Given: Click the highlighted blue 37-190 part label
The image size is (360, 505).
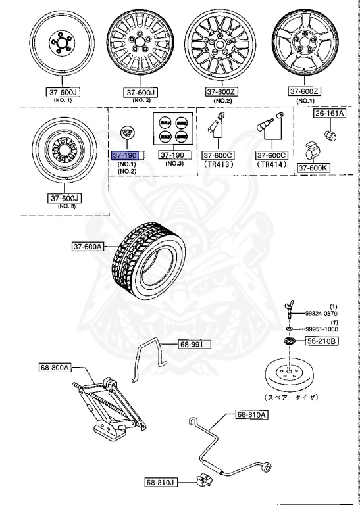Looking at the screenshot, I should [x=124, y=155].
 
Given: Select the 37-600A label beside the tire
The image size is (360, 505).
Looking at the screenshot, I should [x=88, y=247].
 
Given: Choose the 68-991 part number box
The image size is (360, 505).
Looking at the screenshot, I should [x=193, y=344].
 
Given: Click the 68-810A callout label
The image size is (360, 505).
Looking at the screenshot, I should [x=251, y=414].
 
